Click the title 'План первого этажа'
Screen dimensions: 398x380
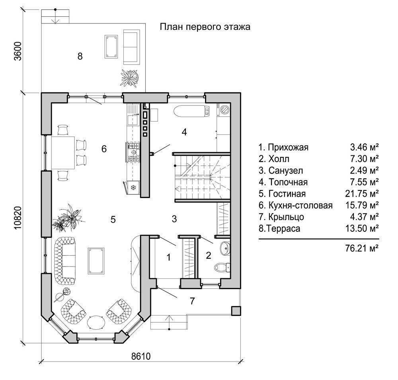205,27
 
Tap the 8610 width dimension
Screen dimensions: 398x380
141,356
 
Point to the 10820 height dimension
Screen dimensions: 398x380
18,218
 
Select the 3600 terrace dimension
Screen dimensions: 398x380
18,51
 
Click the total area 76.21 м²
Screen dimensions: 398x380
362,248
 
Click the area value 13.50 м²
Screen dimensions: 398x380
362,228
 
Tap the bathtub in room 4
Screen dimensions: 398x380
192,111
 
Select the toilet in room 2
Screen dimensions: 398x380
222,267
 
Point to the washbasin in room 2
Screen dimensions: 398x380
225,248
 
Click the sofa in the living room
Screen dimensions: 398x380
65,261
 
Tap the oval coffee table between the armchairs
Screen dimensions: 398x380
96,323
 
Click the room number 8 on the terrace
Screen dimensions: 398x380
80,56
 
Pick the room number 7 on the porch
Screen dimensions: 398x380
192,301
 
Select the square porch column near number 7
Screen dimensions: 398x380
236,311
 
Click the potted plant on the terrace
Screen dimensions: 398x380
130,77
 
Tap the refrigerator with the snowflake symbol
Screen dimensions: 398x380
132,188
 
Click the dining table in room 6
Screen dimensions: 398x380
63,153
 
